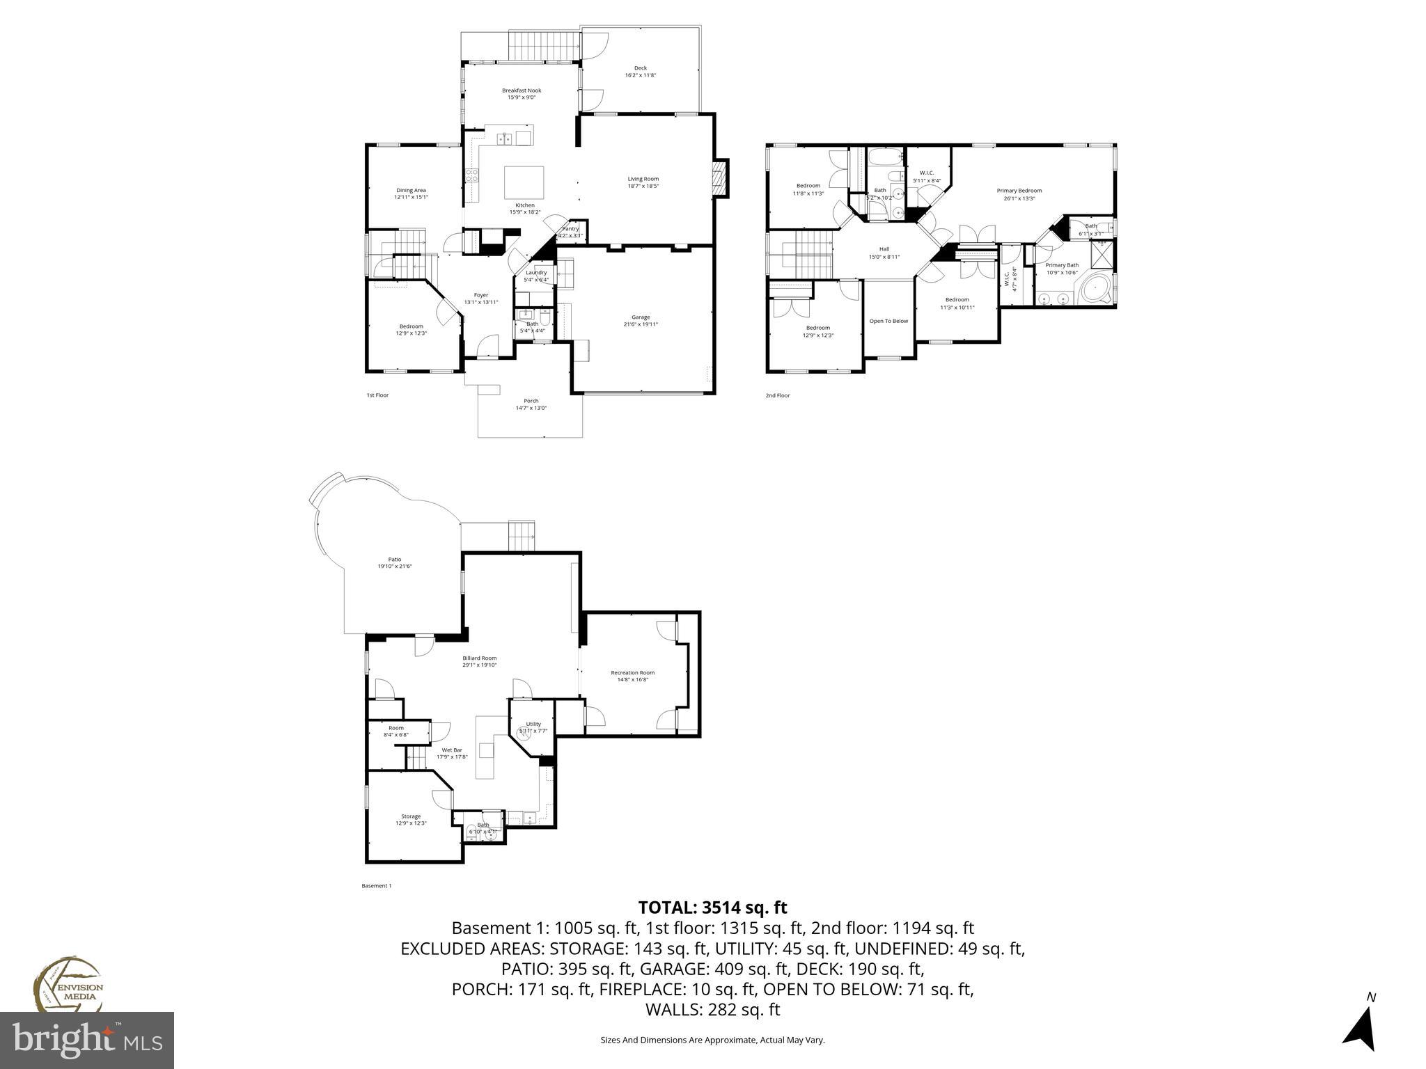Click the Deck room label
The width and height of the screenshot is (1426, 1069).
pyautogui.click(x=640, y=68)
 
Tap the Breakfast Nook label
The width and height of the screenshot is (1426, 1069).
pyautogui.click(x=522, y=90)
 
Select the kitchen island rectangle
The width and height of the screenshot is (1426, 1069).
pyautogui.click(x=524, y=182)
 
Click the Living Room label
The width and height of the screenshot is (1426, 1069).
pyautogui.click(x=643, y=179)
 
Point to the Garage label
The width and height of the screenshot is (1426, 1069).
pyautogui.click(x=640, y=317)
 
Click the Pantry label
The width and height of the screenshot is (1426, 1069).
pyautogui.click(x=570, y=229)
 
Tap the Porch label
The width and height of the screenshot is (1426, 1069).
pyautogui.click(x=531, y=401)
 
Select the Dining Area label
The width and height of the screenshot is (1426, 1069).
pyautogui.click(x=411, y=191)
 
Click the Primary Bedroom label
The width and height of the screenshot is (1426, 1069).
pyautogui.click(x=1019, y=191)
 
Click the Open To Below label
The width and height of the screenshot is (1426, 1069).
pyautogui.click(x=888, y=321)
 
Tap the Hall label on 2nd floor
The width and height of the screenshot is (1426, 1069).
pyautogui.click(x=884, y=249)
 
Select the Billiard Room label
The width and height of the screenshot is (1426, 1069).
pyautogui.click(x=479, y=658)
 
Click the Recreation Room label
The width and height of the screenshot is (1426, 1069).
pyautogui.click(x=632, y=672)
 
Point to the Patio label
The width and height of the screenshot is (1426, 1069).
pyautogui.click(x=394, y=560)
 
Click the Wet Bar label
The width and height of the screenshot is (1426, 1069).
pyautogui.click(x=452, y=750)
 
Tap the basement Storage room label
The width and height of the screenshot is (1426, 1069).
pyautogui.click(x=410, y=816)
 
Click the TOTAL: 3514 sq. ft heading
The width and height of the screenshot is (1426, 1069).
pyautogui.click(x=712, y=908)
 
